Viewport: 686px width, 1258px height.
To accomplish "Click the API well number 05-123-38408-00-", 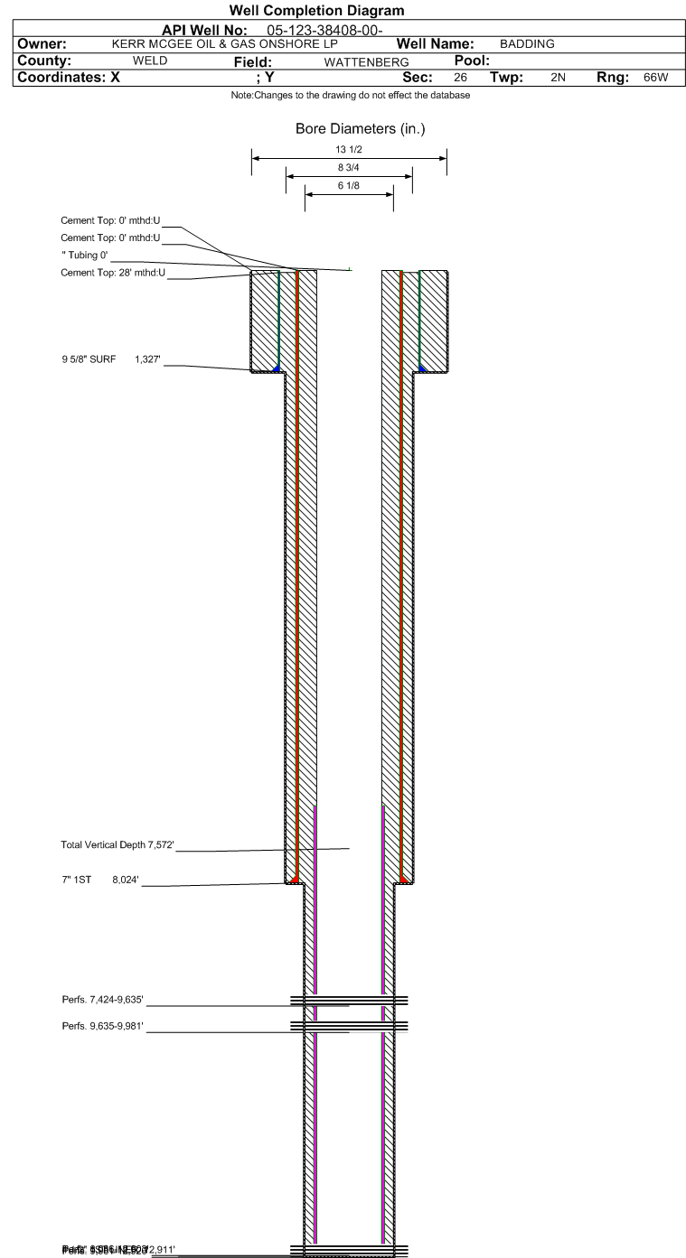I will pos(332,31).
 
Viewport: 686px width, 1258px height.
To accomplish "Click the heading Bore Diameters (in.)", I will pos(360,129).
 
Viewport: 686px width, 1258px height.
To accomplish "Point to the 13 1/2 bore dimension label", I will pos(349,150).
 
